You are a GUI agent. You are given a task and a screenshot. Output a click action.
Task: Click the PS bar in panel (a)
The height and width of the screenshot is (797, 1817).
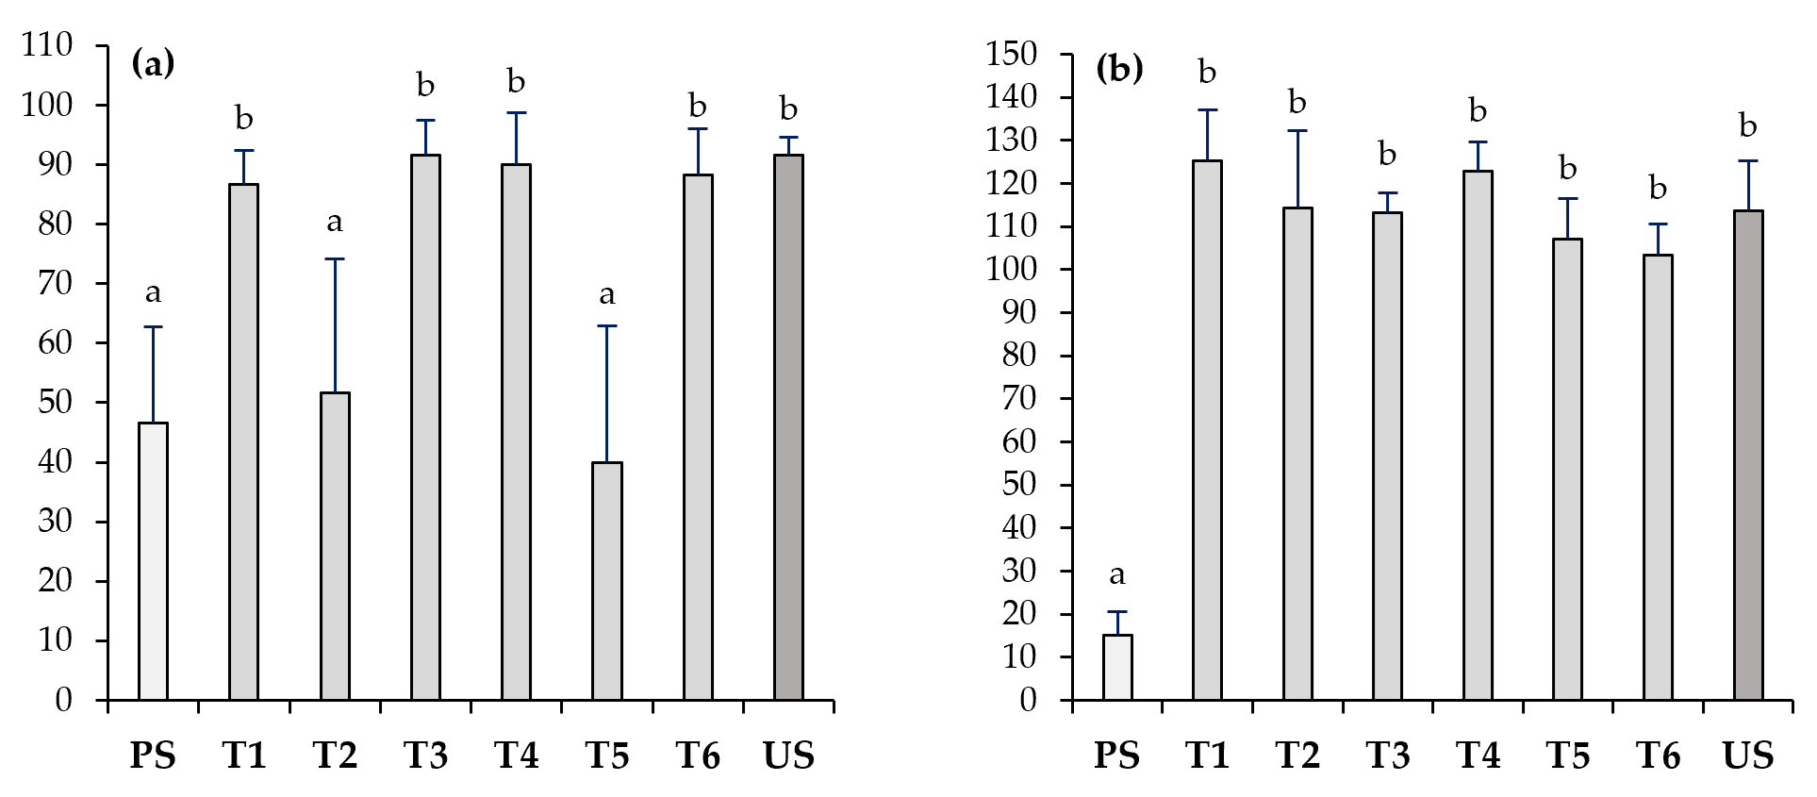tap(153, 561)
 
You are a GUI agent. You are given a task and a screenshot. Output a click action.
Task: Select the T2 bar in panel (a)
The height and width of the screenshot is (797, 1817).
tap(335, 546)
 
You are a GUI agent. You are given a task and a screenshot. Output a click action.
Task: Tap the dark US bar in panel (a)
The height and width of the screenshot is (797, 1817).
tap(788, 427)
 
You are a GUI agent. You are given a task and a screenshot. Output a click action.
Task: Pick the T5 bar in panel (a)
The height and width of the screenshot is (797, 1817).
tap(607, 581)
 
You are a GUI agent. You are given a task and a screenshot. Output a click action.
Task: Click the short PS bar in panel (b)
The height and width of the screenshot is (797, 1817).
tap(1117, 667)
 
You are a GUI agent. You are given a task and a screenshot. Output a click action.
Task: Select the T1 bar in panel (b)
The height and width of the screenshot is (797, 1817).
tap(1207, 430)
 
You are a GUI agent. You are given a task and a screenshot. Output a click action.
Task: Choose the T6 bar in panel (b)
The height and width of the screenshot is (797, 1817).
tap(1658, 477)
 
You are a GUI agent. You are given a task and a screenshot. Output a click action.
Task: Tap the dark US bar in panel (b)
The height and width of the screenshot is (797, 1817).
tap(1748, 455)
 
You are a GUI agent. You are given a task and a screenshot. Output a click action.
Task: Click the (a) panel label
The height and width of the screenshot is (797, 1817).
tap(154, 63)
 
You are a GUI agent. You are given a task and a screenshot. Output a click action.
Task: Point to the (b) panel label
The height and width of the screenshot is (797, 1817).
tap(1119, 68)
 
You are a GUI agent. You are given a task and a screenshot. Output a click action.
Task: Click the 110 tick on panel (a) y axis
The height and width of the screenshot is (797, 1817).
tap(47, 44)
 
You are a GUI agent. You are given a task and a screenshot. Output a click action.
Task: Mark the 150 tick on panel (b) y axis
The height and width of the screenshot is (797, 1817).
tap(1012, 54)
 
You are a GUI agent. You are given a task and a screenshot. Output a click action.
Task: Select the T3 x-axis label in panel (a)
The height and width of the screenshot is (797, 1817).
tap(425, 755)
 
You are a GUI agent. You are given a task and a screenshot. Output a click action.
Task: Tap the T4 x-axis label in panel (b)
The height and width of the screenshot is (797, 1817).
tap(1478, 755)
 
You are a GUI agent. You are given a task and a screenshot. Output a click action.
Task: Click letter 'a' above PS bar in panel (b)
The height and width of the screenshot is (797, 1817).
tap(1117, 574)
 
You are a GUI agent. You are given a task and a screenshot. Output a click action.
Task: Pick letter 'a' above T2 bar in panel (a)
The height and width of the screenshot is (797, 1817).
tap(335, 223)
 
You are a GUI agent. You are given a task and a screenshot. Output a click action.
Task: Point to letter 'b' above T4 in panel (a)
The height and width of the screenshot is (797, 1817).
tap(516, 82)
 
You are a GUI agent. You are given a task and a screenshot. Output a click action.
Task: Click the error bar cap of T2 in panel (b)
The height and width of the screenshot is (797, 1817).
tap(1297, 130)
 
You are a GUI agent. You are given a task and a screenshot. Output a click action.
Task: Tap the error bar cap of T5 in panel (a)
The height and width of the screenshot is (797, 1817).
tap(607, 326)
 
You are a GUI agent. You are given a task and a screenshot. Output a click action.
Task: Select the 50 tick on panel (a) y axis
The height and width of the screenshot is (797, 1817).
tap(55, 402)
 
